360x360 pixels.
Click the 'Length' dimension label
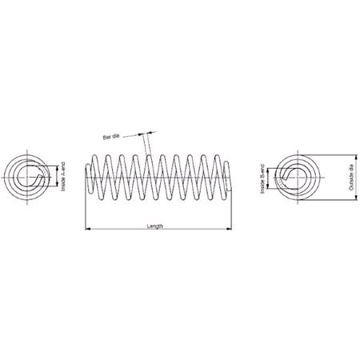pyautogui.click(x=155, y=226)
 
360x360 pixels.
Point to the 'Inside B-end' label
pyautogui.click(x=263, y=180)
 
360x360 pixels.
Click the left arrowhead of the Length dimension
pyautogui.click(x=87, y=230)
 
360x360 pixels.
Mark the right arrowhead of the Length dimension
pyautogui.click(x=232, y=230)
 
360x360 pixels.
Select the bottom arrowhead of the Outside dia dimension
pyautogui.click(x=346, y=200)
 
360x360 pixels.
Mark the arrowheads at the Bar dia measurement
pyautogui.click(x=145, y=134)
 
